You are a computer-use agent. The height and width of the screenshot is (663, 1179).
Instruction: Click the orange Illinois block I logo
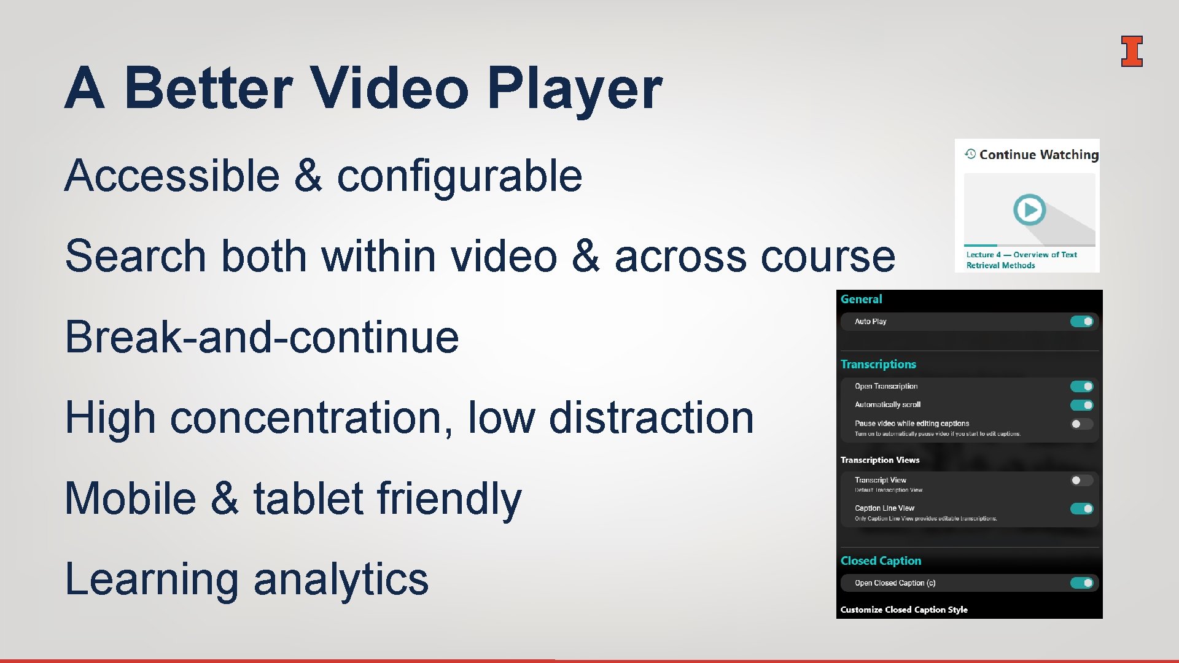(1131, 51)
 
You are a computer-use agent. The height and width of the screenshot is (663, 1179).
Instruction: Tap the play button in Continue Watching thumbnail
(1029, 210)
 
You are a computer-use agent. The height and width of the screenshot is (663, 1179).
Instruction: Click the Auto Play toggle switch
(1081, 322)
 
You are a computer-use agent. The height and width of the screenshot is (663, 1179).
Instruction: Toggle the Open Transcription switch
(1081, 387)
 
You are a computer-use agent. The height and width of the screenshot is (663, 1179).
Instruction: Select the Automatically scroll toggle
(1081, 405)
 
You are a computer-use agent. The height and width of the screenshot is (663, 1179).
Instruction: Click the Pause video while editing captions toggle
(1081, 424)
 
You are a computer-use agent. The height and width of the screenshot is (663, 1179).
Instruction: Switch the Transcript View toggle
(1081, 481)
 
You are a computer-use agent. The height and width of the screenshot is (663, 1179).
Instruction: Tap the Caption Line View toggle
(1081, 509)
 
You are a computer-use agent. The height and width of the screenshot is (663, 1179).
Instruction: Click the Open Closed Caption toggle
(1081, 583)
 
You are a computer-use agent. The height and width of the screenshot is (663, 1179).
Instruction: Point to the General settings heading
(861, 300)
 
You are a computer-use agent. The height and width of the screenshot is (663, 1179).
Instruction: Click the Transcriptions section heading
(878, 365)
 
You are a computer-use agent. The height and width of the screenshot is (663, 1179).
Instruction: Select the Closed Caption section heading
(881, 561)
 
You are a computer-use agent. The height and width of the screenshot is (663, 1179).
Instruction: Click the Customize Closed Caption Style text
(904, 610)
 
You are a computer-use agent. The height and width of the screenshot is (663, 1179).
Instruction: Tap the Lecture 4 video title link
(1021, 260)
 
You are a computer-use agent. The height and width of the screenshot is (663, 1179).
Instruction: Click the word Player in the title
(575, 89)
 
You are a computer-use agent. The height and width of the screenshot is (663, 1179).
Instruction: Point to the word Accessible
(172, 176)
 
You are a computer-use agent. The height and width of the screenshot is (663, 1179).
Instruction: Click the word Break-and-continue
(262, 337)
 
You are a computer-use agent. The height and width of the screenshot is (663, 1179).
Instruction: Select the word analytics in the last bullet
(341, 579)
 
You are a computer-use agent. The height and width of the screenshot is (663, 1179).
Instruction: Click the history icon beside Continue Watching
(970, 154)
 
